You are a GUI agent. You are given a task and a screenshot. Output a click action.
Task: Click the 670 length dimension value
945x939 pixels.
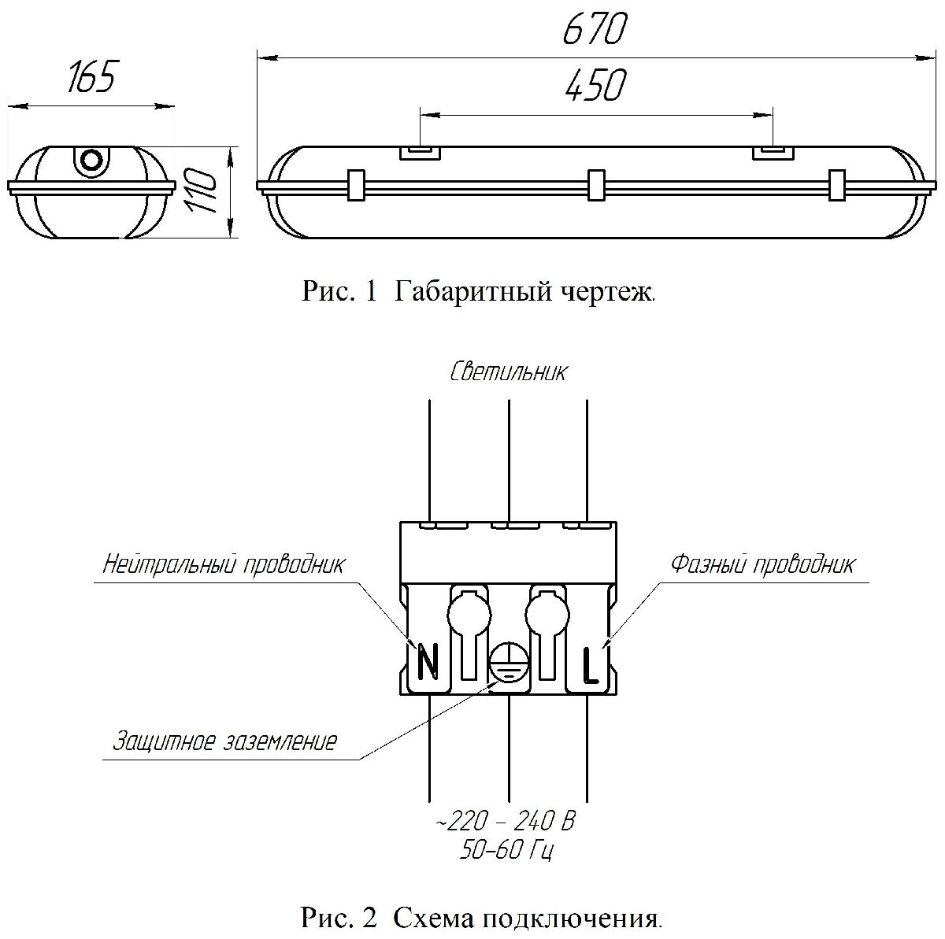(595, 31)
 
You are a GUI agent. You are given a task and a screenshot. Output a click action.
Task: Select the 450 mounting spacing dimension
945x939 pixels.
(595, 86)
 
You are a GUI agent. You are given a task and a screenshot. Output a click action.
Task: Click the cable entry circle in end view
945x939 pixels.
(92, 160)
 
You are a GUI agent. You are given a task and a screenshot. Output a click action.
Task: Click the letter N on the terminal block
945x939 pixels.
(427, 661)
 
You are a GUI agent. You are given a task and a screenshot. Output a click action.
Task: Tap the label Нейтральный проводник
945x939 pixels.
(224, 565)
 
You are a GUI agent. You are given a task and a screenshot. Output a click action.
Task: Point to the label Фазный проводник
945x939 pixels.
(762, 565)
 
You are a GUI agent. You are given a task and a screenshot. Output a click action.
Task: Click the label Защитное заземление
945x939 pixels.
(225, 741)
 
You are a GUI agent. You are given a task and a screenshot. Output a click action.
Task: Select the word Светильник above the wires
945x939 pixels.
(508, 372)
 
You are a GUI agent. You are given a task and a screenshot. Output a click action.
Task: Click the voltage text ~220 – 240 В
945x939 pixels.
(506, 823)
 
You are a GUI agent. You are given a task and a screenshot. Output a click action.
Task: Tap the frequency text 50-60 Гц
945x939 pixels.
(507, 850)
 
